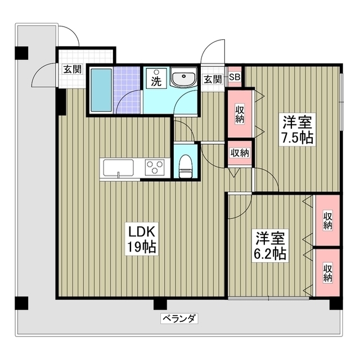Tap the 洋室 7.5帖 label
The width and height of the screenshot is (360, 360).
coord(298,129)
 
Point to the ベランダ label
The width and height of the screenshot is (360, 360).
coord(179,319)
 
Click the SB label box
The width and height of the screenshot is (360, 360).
coord(235,78)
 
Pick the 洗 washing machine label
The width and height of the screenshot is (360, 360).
coord(155,80)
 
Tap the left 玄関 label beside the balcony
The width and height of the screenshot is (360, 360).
coord(71,70)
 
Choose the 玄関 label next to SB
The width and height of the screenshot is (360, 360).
coord(212,79)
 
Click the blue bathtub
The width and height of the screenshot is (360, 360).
coord(102,91)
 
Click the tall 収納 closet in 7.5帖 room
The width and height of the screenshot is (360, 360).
coord(240,114)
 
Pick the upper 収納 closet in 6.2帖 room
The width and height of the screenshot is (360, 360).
coord(327,220)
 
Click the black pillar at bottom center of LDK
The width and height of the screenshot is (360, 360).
coord(160,304)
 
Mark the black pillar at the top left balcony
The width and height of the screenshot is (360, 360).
coord(21,53)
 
